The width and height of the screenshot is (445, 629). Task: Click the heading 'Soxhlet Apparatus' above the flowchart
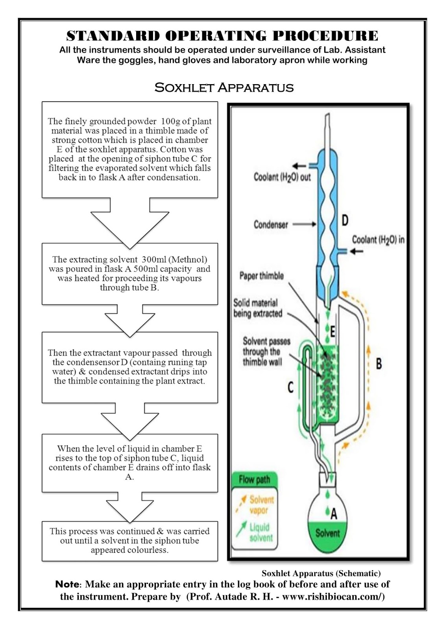tap(224, 87)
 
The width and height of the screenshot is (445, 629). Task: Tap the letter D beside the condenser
tap(345, 220)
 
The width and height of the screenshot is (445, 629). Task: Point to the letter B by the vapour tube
tap(379, 364)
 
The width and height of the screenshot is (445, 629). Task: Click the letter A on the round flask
tap(334, 513)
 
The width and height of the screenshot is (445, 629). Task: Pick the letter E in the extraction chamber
tap(332, 332)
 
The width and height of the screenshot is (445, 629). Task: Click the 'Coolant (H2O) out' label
tap(282, 177)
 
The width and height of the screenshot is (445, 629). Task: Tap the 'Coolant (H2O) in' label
tap(378, 240)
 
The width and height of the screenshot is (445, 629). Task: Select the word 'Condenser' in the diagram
tap(271, 225)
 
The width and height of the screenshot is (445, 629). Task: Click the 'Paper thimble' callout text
tap(261, 276)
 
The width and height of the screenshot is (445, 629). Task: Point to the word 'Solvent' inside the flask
tap(327, 533)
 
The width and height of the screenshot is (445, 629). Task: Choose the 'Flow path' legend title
tap(254, 480)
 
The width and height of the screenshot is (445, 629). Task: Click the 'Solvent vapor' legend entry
tap(261, 505)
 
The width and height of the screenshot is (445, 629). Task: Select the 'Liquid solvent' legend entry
tap(260, 532)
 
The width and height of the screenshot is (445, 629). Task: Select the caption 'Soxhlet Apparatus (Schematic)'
tap(321, 574)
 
